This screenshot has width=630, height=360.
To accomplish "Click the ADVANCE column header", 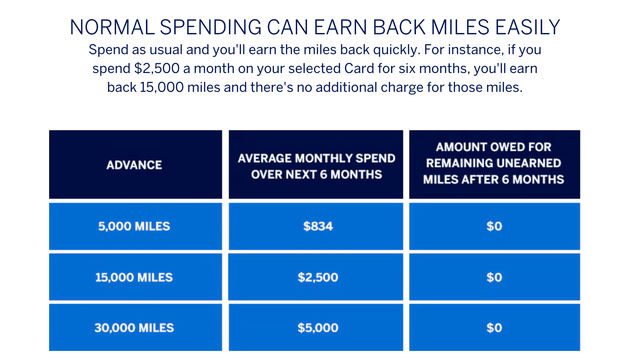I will click(134, 165).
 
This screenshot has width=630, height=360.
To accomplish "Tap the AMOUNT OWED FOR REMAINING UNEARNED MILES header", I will click(494, 163).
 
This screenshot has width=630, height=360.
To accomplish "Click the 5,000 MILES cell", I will click(134, 226).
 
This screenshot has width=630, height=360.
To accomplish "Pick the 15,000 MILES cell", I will click(134, 277).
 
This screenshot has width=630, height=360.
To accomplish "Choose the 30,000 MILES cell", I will click(134, 328).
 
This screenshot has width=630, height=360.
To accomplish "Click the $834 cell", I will click(318, 226).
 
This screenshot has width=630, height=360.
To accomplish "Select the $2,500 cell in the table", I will click(318, 277).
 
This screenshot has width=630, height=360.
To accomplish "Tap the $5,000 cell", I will click(318, 328).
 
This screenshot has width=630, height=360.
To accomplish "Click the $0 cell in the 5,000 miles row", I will click(494, 226).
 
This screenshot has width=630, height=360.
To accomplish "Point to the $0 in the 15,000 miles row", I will click(494, 277).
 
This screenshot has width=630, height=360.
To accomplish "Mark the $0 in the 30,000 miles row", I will click(494, 328).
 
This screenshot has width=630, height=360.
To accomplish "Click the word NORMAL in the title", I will click(112, 28).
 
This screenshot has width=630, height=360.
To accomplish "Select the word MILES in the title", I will click(460, 28).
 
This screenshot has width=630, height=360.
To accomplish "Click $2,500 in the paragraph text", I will click(156, 69).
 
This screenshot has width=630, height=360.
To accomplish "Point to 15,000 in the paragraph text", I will click(162, 87).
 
